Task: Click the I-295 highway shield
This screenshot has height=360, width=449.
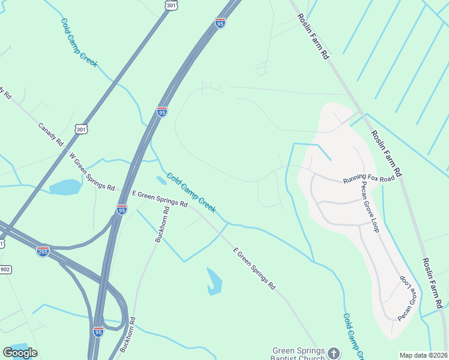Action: (43, 251)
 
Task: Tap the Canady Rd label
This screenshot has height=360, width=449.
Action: (50, 135)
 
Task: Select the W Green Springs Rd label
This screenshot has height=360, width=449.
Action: (92, 171)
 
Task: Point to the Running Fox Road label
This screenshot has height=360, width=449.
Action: (369, 179)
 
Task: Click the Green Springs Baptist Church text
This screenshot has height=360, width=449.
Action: (298, 355)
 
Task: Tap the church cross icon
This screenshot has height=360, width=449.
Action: (334, 353)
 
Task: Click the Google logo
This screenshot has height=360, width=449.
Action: (20, 353)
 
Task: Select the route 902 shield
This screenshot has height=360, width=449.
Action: (5, 269)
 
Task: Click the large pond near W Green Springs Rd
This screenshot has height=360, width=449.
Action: (65, 187)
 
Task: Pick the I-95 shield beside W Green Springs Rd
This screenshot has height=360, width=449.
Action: (122, 209)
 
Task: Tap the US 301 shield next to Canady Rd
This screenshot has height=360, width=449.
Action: (82, 128)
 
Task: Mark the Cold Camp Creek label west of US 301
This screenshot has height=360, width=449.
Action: (79, 43)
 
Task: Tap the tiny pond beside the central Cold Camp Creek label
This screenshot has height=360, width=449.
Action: (161, 180)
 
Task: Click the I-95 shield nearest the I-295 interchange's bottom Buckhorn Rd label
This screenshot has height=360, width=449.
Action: (99, 331)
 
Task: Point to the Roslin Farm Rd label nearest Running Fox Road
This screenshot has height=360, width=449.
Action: (387, 152)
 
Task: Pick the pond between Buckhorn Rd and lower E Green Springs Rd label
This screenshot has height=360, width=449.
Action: (214, 281)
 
